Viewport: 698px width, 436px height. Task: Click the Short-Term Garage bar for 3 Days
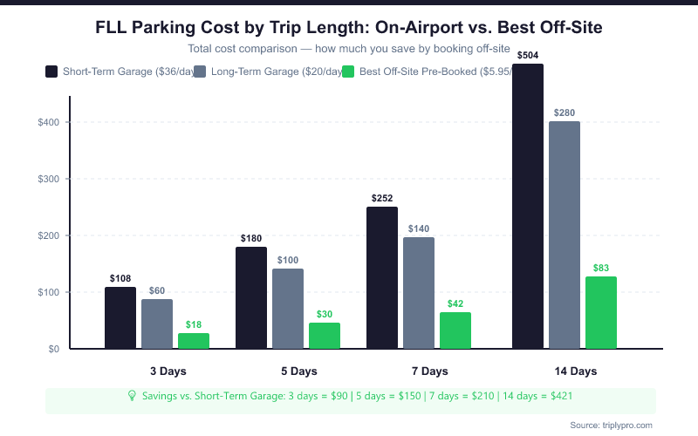pos(120,318)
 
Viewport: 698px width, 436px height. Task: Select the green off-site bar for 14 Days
pos(601,312)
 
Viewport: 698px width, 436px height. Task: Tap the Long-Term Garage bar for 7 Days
pos(419,293)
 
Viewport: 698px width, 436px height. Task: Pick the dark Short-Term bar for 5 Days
pos(251,297)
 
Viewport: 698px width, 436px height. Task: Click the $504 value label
pos(528,56)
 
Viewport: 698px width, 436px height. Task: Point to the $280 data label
pos(565,112)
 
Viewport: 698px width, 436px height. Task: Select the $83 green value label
pos(601,268)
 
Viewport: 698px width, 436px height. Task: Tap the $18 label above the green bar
pos(194,324)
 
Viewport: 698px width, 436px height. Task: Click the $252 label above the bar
pos(382,198)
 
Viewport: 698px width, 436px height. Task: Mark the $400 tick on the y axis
pos(48,122)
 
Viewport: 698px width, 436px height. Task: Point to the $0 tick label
pos(54,349)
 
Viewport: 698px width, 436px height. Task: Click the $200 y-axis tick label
pos(48,235)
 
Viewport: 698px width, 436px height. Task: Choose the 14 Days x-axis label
pos(576,371)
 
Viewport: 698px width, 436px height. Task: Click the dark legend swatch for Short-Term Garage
pos(51,72)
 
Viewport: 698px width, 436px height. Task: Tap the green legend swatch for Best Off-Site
pos(350,72)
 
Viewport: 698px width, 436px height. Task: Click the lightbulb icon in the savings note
pos(132,396)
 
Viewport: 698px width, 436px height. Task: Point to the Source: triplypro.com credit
pos(611,425)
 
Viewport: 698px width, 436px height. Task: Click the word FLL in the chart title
pos(115,28)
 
